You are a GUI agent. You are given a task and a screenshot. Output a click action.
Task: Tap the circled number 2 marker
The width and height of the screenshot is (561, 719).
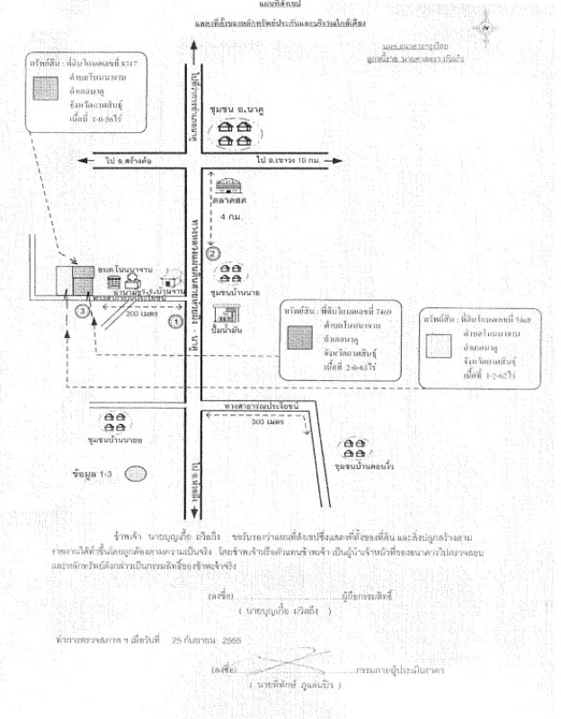(213, 253)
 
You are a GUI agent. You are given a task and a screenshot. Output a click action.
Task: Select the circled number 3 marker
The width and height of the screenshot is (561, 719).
(83, 311)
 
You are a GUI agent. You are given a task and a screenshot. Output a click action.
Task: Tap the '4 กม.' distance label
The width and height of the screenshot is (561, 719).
(231, 217)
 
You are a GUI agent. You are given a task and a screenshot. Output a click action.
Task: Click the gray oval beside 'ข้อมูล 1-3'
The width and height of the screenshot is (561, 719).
(136, 472)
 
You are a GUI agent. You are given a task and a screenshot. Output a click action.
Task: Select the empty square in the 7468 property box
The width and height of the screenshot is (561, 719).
(439, 345)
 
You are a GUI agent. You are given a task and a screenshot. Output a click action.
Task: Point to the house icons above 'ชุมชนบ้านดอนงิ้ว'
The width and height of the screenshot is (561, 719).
(350, 448)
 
